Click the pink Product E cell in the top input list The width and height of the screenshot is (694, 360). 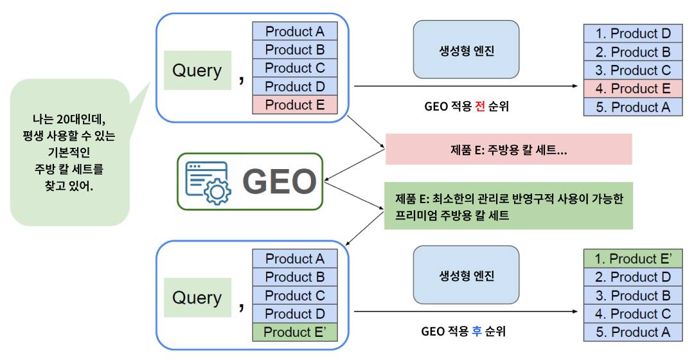[x=295, y=105]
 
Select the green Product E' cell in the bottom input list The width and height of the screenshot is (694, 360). [x=295, y=332]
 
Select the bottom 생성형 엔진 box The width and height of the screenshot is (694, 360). [x=466, y=277]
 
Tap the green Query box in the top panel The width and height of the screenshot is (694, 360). [x=197, y=71]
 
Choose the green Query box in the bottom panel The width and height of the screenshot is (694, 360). [x=197, y=298]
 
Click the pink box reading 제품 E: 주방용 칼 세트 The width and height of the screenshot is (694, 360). [x=508, y=150]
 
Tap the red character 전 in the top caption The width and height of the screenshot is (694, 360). [x=480, y=106]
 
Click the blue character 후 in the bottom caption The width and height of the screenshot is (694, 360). [x=477, y=332]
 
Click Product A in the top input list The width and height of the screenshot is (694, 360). [x=295, y=32]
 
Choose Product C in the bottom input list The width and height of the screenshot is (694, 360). [x=295, y=296]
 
